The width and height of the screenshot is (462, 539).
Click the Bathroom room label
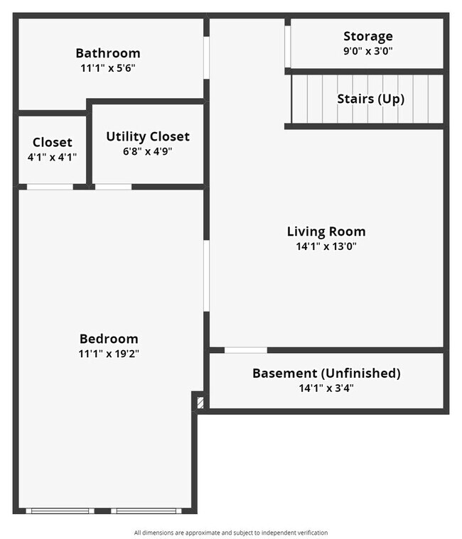(108, 53)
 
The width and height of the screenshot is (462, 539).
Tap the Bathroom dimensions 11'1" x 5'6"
(108, 69)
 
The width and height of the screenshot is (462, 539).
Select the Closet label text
(53, 143)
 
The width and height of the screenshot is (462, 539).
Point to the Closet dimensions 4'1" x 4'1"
(53, 157)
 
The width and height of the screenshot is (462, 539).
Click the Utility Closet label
(148, 136)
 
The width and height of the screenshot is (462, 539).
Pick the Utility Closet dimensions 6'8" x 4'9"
(148, 151)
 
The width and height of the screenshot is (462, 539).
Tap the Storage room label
(367, 36)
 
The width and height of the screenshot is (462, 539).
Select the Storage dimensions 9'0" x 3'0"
(367, 51)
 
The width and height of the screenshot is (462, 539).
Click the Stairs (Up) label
(370, 99)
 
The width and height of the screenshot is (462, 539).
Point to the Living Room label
(326, 232)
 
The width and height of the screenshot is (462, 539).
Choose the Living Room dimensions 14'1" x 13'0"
(326, 247)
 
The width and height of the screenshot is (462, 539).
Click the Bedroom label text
(109, 339)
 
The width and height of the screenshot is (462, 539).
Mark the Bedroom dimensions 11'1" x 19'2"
(109, 354)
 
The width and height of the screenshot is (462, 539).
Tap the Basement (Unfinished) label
(326, 373)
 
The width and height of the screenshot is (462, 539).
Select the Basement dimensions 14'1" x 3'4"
(326, 388)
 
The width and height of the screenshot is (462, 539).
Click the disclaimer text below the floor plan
(231, 533)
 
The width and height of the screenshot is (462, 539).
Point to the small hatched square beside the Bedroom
(200, 403)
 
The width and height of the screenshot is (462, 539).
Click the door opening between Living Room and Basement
(246, 349)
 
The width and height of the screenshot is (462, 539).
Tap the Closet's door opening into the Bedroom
(50, 187)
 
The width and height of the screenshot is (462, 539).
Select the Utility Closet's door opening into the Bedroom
(113, 187)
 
